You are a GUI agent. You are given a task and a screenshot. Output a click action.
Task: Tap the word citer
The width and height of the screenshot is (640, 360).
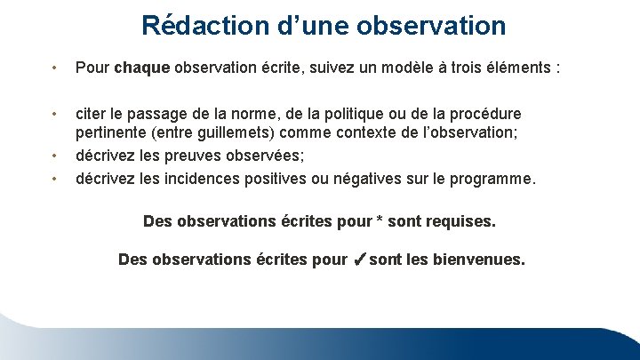tap(92, 114)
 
